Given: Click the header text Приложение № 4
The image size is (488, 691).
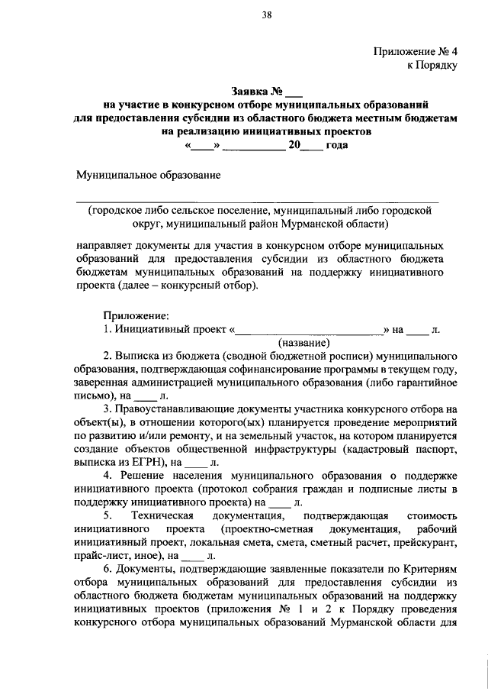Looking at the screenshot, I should (416, 52).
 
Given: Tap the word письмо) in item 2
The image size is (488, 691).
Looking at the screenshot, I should (94, 396).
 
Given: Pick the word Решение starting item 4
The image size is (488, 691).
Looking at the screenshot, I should (145, 475).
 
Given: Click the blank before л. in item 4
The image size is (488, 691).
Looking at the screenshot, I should (280, 502).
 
